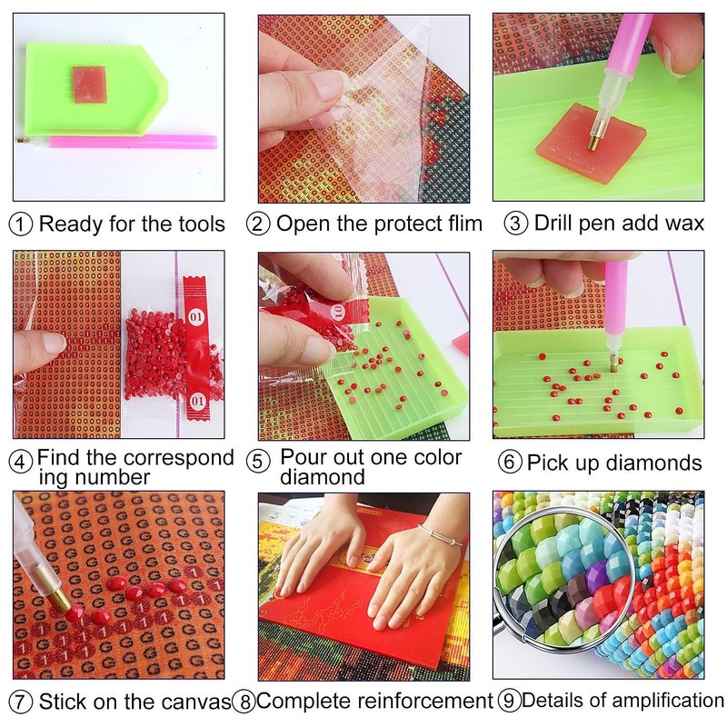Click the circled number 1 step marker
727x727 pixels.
coord(22,224)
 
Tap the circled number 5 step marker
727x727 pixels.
coord(259,461)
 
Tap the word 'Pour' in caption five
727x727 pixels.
coord(304,456)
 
